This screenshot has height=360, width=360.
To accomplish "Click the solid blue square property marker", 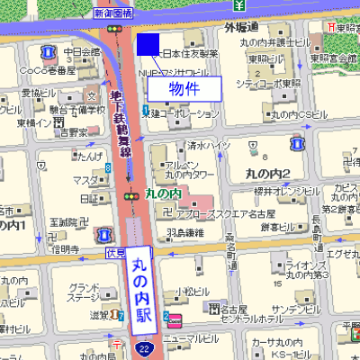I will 148,43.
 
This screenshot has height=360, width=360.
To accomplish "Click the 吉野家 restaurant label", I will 74,131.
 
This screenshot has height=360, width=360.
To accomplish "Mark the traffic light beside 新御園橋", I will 114,29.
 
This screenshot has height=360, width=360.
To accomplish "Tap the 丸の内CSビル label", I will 298,115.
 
